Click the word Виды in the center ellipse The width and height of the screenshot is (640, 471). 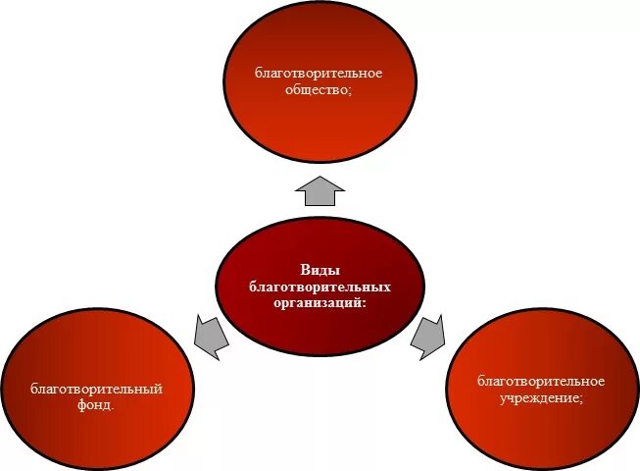pos(320,271)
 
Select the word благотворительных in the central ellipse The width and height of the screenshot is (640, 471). pos(320,287)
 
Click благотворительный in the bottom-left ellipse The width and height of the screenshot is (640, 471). pos(96,388)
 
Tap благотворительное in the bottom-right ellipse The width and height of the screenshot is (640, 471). pos(541,381)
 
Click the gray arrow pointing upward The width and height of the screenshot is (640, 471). pos(320,190)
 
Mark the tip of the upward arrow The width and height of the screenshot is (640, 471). pos(320,177)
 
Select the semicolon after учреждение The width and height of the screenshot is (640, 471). pos(582,397)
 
